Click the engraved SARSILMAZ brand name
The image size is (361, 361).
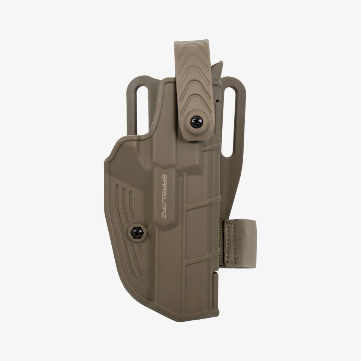click(x=164, y=196)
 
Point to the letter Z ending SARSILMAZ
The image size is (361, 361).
click(x=164, y=216)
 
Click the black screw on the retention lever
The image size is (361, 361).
click(x=196, y=122)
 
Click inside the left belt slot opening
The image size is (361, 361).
click(x=142, y=111)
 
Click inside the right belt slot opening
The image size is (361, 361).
click(x=229, y=122)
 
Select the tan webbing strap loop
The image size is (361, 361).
click(x=239, y=244)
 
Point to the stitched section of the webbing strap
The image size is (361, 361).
click(x=231, y=244)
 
